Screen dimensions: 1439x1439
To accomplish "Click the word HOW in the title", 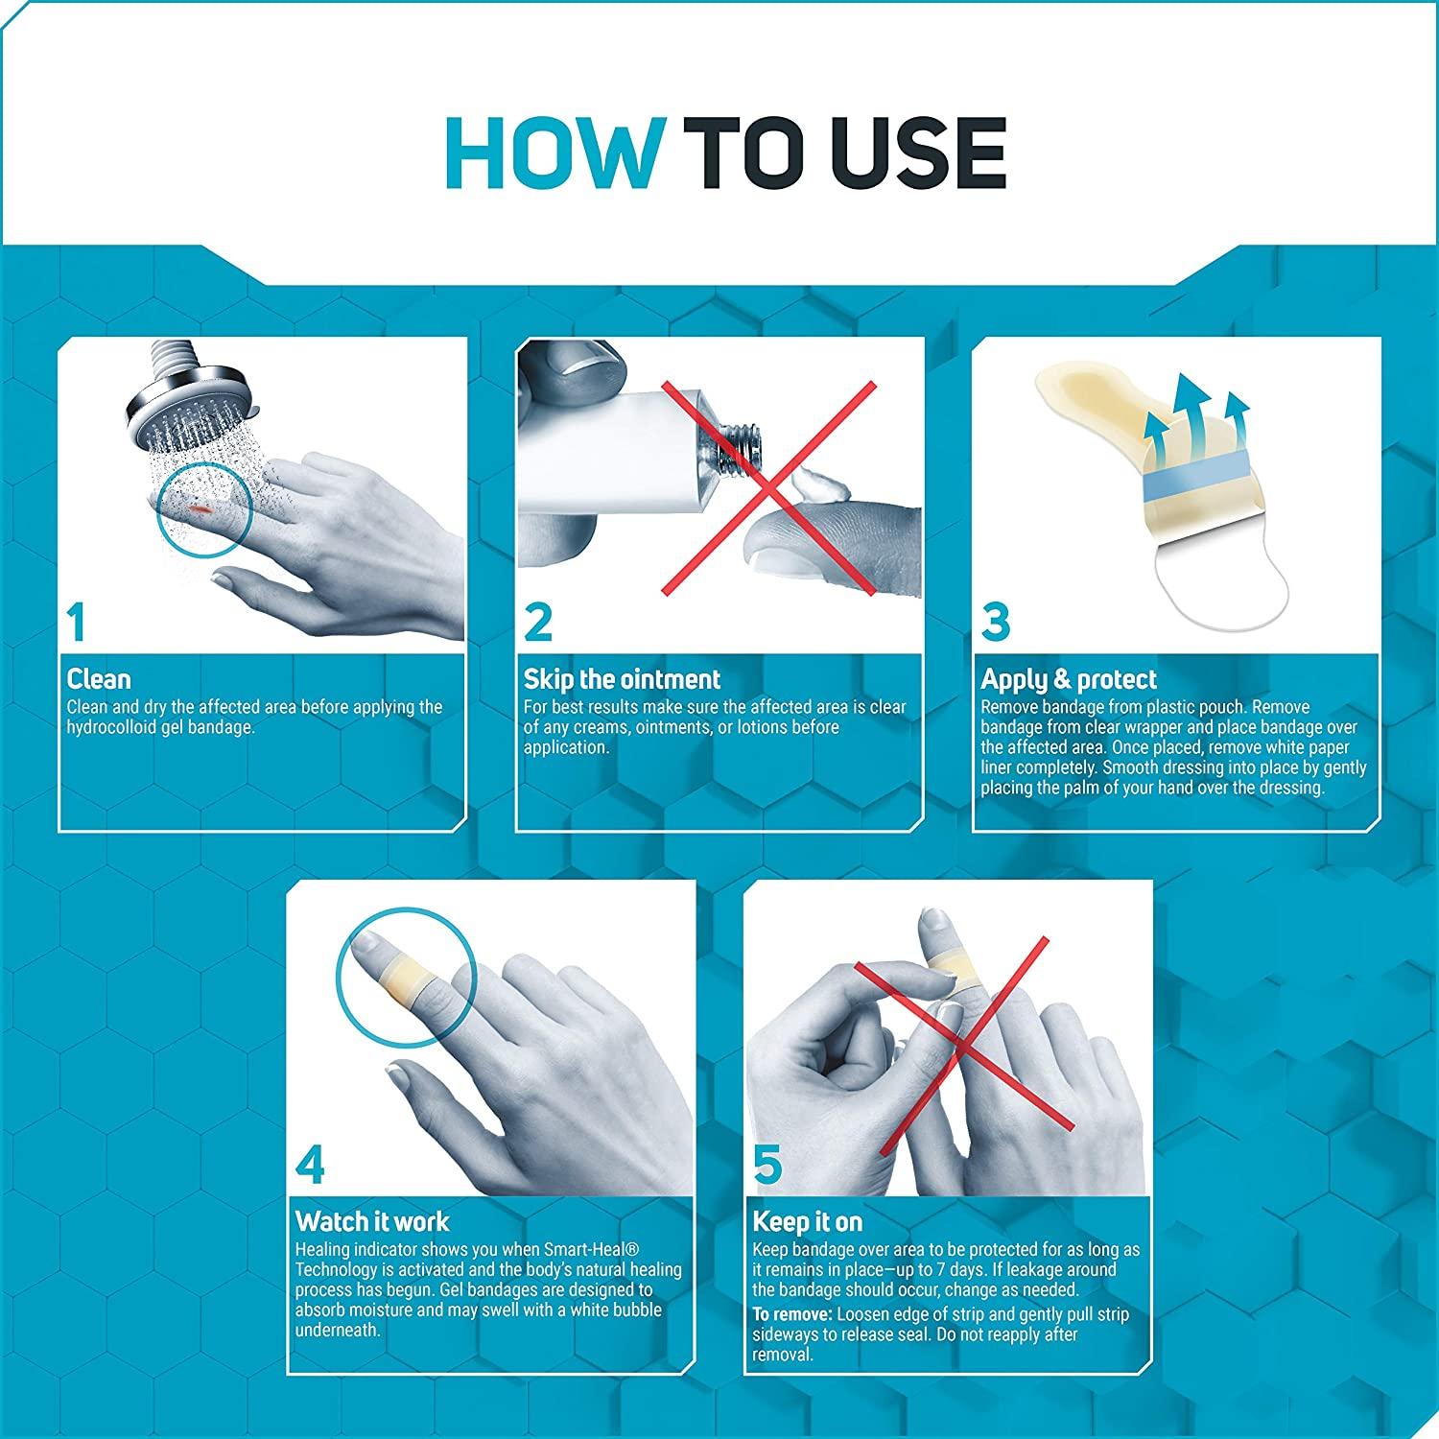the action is [554, 153].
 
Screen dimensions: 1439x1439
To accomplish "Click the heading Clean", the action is [99, 679].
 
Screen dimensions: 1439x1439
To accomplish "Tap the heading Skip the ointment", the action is [622, 679].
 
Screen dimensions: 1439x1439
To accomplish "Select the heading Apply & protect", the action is [1069, 680].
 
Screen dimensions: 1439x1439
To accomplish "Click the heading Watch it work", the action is [372, 1221].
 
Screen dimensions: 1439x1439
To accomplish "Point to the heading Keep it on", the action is [807, 1222].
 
